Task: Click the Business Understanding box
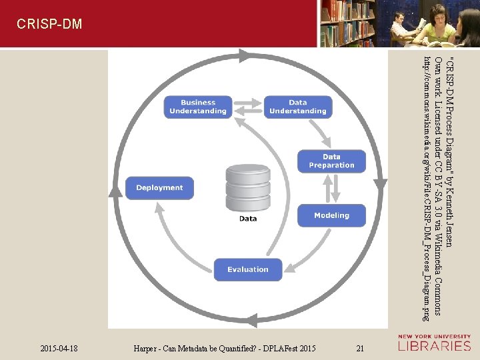tap(198, 107)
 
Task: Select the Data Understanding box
tap(297, 107)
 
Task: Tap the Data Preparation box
tap(331, 161)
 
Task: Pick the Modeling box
tap(331, 215)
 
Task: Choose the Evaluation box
tap(247, 269)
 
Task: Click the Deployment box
tap(159, 188)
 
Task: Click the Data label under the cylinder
tap(247, 218)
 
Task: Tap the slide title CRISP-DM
tap(49, 25)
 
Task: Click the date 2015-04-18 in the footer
tap(59, 348)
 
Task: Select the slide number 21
tap(360, 348)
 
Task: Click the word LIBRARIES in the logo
tap(435, 346)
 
